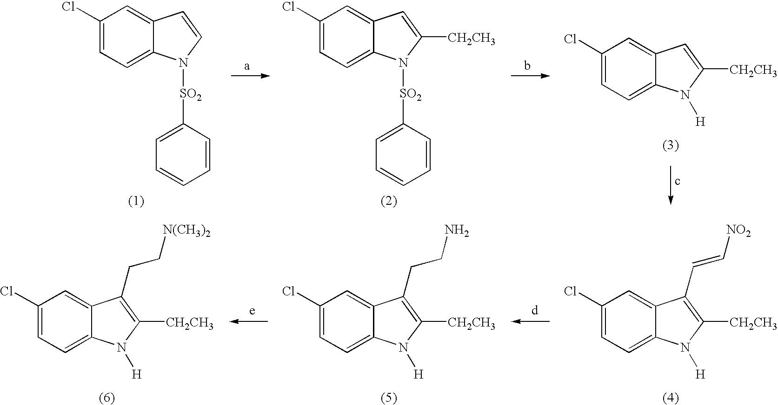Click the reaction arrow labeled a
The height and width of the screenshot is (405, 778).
click(x=250, y=76)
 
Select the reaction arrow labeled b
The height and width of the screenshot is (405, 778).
click(x=531, y=76)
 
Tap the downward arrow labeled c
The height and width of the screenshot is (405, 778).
click(x=670, y=185)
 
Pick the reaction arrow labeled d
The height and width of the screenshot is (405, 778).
click(x=531, y=321)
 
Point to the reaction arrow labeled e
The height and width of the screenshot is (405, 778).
click(x=249, y=321)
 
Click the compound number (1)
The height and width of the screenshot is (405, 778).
click(x=136, y=201)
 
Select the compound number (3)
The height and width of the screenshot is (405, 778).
click(x=670, y=146)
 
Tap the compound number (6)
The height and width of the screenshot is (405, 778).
click(x=106, y=398)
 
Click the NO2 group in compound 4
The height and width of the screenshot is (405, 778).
click(x=738, y=232)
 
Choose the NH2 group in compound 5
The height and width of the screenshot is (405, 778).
click(x=457, y=232)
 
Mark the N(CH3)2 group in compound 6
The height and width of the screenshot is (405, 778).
click(x=186, y=232)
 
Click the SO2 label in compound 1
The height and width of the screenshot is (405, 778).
click(x=190, y=94)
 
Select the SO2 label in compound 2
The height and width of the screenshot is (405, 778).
click(x=411, y=94)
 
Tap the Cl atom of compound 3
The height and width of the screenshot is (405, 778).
click(x=570, y=39)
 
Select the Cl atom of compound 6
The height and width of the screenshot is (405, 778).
click(x=7, y=291)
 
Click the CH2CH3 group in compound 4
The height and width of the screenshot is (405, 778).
click(x=753, y=323)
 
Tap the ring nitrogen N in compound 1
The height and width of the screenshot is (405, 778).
click(x=183, y=63)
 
